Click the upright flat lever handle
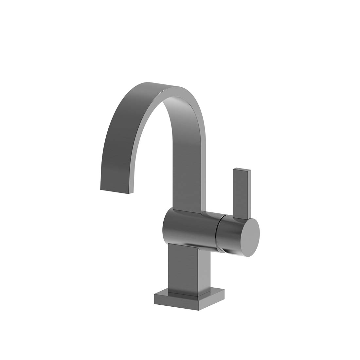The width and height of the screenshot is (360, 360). tap(242, 193)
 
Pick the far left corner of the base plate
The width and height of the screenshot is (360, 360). tap(154, 295)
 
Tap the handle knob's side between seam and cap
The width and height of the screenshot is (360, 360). tap(231, 234)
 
